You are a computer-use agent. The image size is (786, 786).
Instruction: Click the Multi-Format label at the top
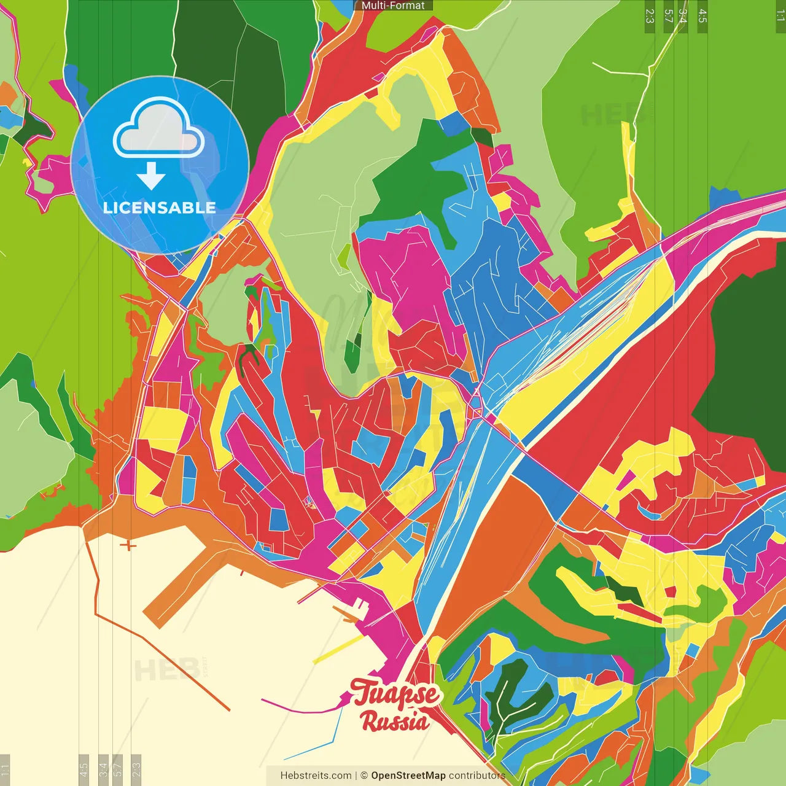pos(393,6)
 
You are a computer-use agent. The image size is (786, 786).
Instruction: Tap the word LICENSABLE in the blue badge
pos(160,208)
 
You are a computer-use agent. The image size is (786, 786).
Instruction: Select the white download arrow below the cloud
pos(151,177)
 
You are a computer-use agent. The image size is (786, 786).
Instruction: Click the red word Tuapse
pos(396,694)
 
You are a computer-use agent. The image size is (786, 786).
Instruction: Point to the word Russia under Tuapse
pos(395,721)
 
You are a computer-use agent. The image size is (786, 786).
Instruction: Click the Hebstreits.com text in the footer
pos(316,776)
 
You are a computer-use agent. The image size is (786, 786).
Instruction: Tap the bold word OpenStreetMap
pos(408,776)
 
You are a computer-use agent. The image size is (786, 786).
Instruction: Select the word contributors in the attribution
pos(477,776)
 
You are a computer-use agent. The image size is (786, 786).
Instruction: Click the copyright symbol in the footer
pos(364,776)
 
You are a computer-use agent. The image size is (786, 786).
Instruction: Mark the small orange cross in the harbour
pos(128,545)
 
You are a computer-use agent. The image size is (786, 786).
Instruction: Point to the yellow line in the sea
pos(338,650)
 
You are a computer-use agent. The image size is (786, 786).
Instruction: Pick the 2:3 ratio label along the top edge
pos(650,16)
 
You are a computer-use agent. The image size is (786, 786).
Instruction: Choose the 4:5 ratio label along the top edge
pos(702,16)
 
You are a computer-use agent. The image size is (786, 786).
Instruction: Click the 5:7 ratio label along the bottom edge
pos(117,769)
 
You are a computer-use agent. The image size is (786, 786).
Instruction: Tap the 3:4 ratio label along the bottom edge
pos(103,769)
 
